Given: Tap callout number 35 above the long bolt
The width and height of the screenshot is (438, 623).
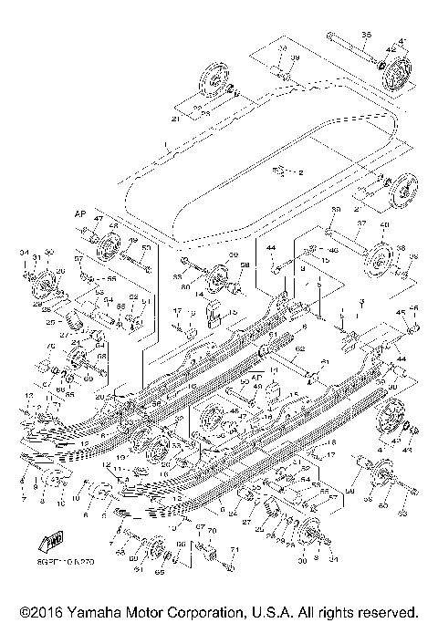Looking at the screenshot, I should pyautogui.click(x=366, y=35).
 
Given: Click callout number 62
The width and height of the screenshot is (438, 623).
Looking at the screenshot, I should pyautogui.click(x=298, y=348).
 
